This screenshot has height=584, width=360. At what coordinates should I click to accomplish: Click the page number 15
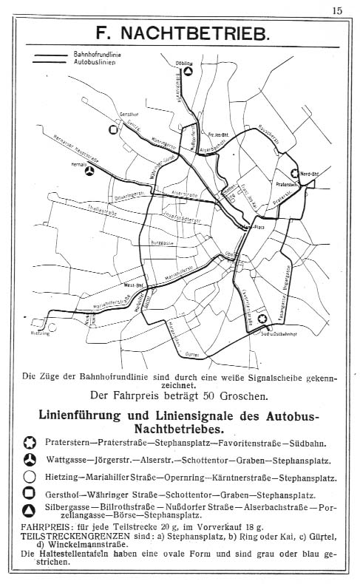pyautogui.click(x=336, y=10)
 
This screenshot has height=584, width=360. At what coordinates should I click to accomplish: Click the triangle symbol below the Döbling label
pyautogui.click(x=189, y=72)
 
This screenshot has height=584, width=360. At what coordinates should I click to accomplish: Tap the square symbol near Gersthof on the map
pyautogui.click(x=113, y=129)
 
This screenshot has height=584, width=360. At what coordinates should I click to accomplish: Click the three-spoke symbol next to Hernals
pyautogui.click(x=89, y=171)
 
